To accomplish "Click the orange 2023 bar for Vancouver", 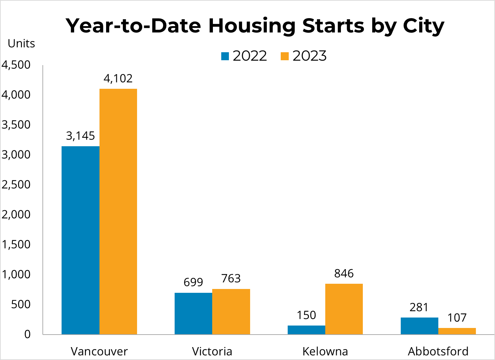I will click(x=118, y=211).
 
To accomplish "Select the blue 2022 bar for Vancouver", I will click(x=80, y=240).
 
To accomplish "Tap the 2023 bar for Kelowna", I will click(x=344, y=309).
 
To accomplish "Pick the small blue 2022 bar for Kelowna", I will click(x=306, y=330).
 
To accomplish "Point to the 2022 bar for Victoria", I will click(x=193, y=313).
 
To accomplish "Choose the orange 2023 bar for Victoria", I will click(x=231, y=312).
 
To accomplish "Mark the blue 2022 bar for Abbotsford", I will click(x=419, y=326).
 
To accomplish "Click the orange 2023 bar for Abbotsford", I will click(x=457, y=331).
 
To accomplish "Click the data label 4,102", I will click(x=118, y=79).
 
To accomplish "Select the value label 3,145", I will click(x=80, y=136).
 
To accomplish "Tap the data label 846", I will click(x=344, y=274).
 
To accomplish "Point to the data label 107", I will click(x=457, y=318).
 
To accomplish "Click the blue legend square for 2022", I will click(x=225, y=56).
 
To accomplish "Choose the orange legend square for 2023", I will click(x=285, y=56).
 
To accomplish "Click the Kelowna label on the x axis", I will click(x=325, y=351).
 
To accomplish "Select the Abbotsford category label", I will click(x=438, y=351).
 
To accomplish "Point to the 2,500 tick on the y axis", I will click(x=16, y=185).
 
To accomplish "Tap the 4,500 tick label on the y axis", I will click(x=16, y=65).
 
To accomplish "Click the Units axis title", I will click(x=21, y=44).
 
